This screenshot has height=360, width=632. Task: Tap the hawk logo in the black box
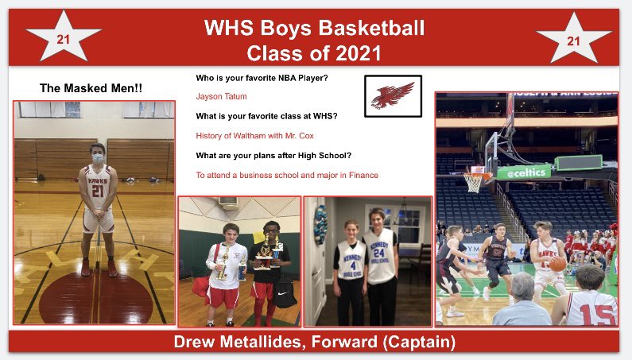point(393,95)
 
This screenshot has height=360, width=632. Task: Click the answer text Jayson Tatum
point(221,96)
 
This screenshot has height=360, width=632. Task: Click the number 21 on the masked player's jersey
point(98,192)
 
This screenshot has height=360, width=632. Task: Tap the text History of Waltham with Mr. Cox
point(254,135)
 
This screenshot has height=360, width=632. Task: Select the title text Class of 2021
point(314,53)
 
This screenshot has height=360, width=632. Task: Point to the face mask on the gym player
point(98,158)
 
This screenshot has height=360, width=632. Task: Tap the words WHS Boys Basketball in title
point(314,29)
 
